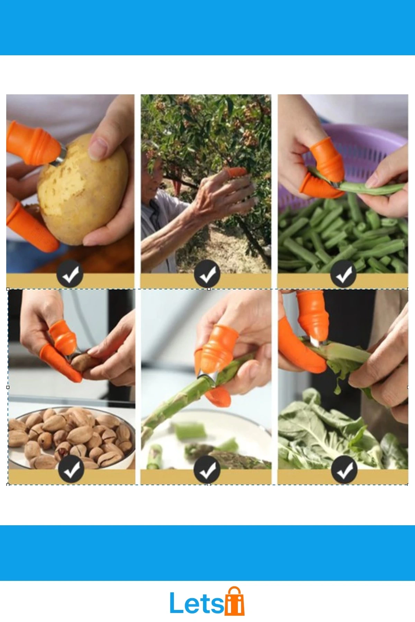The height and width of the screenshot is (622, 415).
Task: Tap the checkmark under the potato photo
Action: click(x=70, y=275)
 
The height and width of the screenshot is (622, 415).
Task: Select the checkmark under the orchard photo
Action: click(x=207, y=275)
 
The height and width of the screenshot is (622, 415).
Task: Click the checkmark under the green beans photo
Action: click(x=344, y=275)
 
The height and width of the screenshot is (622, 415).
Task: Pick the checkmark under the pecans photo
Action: click(x=71, y=469)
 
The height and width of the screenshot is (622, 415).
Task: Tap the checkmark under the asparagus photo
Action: click(x=207, y=469)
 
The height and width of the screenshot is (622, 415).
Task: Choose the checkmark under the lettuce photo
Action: click(x=344, y=469)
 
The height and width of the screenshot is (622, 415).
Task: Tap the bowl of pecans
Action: click(x=71, y=437)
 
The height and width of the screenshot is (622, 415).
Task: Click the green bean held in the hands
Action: click(x=360, y=187)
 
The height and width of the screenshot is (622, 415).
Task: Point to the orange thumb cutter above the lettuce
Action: click(x=313, y=318)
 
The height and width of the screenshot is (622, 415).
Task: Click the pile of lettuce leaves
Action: click(x=342, y=432)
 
